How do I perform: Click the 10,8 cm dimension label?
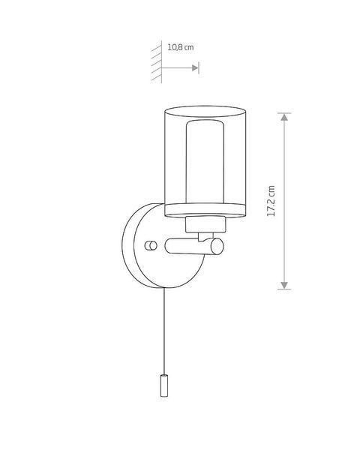[181, 47]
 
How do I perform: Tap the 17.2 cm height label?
[271, 200]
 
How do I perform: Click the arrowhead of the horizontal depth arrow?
[195, 68]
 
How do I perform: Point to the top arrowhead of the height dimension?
[284, 117]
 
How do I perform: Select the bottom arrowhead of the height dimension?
[284, 285]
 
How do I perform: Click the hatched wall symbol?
[157, 61]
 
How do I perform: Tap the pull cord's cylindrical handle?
[164, 385]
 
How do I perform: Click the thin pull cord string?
[164, 331]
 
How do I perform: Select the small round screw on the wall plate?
[151, 246]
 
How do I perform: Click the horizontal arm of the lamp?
[190, 247]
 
